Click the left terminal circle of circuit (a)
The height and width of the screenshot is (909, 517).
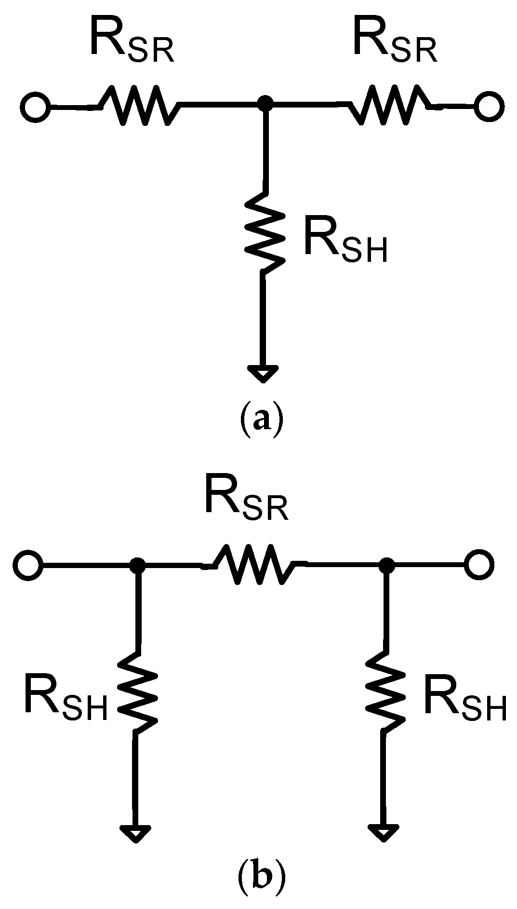35,107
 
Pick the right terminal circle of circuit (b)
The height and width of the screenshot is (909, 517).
479,564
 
